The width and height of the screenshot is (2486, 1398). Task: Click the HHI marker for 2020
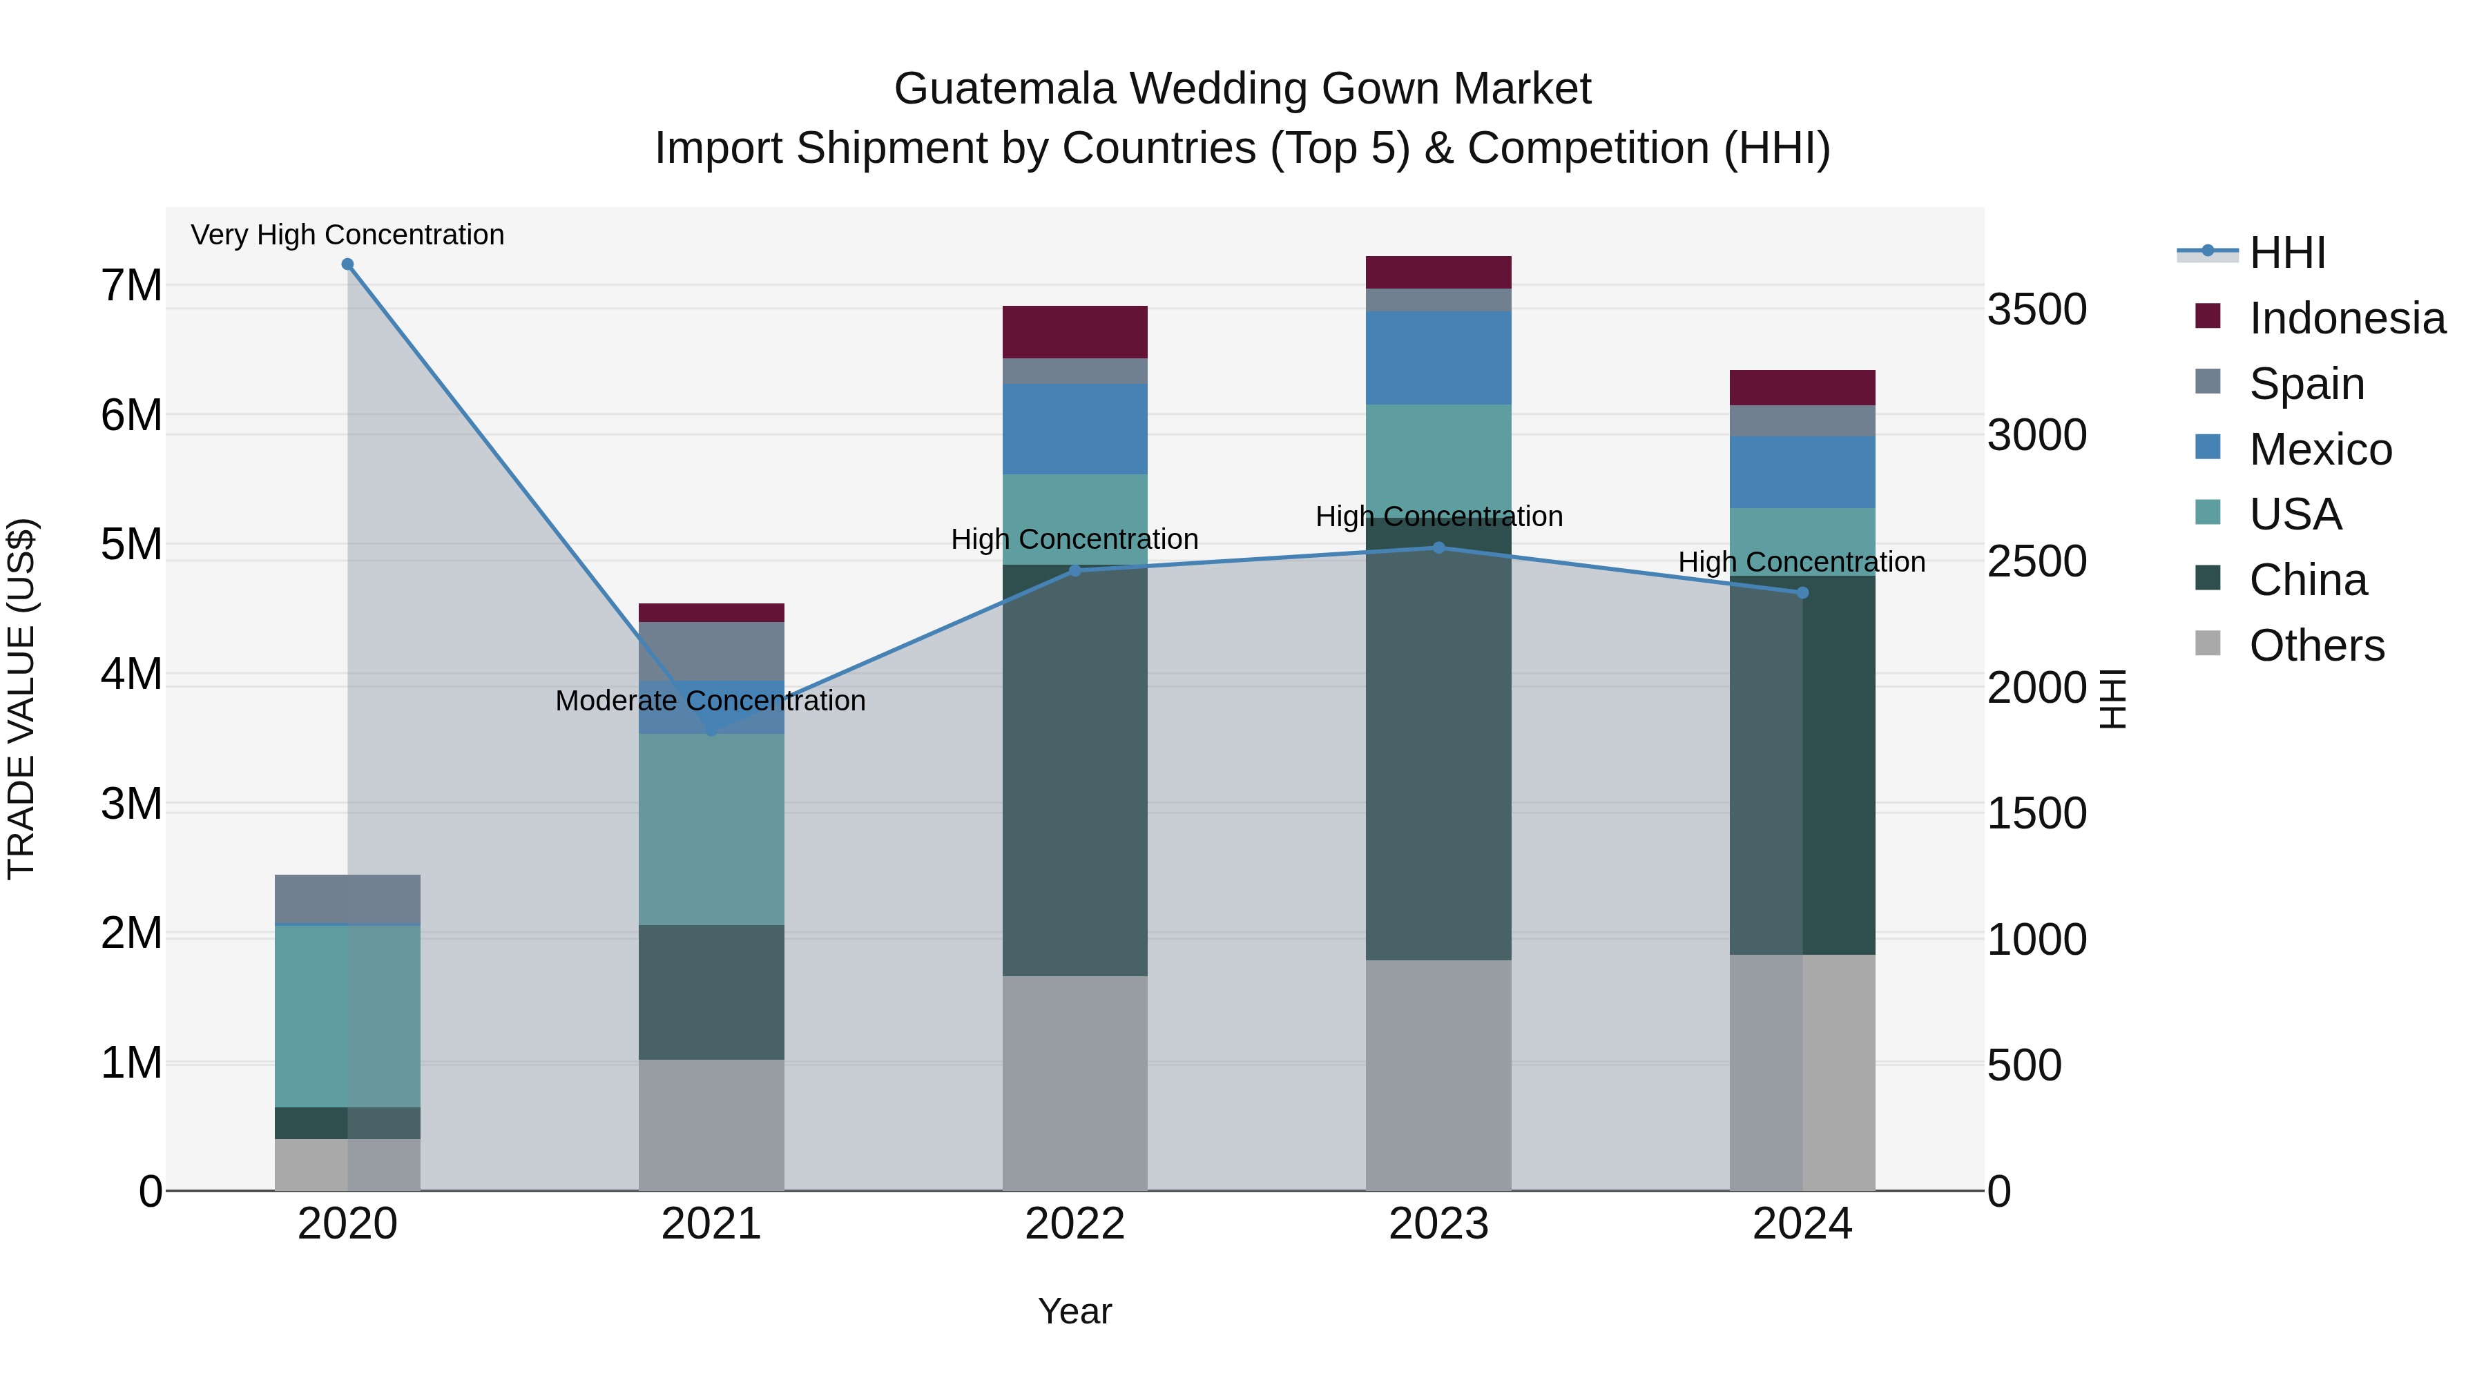[x=347, y=264]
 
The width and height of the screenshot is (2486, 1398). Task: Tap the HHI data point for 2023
[x=1438, y=548]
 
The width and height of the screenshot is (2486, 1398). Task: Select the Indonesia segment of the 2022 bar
[x=1074, y=332]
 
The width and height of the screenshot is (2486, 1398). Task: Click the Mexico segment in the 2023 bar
[x=1438, y=357]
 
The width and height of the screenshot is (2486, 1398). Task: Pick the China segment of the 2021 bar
[x=711, y=992]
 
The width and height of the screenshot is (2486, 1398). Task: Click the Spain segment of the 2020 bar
[x=347, y=898]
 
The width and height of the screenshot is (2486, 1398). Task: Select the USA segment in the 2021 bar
[x=711, y=830]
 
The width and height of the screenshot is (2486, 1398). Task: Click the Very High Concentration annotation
[x=347, y=235]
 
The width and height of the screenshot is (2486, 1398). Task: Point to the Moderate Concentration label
[x=711, y=701]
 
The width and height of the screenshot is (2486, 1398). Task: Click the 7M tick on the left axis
[x=131, y=286]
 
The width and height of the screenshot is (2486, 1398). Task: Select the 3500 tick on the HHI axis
[x=2036, y=310]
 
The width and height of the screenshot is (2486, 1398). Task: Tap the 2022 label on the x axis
[x=1074, y=1224]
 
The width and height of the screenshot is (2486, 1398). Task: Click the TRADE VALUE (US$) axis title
[x=21, y=699]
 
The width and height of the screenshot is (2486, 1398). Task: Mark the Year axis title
[x=1074, y=1311]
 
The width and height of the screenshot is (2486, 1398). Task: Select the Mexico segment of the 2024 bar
[x=1802, y=472]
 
